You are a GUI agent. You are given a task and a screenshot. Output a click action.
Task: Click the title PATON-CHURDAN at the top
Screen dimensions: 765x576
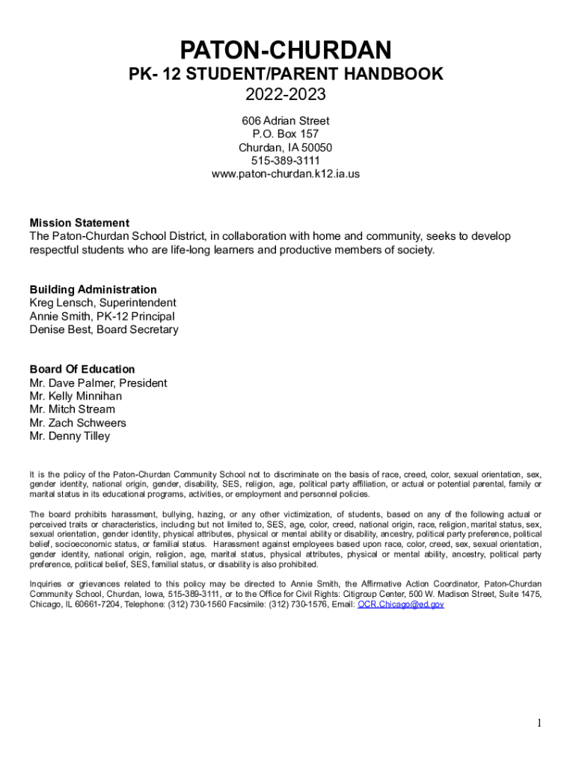click(285, 51)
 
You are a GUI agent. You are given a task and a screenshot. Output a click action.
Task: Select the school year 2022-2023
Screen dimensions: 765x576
click(285, 96)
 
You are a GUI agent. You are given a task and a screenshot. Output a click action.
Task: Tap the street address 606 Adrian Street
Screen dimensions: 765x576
click(285, 120)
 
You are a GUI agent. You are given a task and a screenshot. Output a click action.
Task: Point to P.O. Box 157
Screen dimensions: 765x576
click(285, 134)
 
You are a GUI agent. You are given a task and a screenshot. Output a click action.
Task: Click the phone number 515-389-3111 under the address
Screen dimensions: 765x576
click(285, 161)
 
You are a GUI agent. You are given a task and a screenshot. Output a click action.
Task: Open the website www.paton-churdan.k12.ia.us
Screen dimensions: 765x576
click(285, 174)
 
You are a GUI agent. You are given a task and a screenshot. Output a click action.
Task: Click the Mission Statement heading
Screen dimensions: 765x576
click(79, 223)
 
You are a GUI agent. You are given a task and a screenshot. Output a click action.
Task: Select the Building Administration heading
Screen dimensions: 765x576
click(93, 289)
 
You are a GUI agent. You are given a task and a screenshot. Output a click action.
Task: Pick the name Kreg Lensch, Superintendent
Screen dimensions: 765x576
click(102, 303)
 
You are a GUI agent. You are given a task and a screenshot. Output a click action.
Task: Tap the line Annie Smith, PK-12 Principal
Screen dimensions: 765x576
click(102, 316)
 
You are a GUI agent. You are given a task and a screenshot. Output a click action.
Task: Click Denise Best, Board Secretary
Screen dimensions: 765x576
click(104, 329)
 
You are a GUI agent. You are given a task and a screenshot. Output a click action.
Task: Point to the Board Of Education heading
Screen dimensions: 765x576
click(82, 369)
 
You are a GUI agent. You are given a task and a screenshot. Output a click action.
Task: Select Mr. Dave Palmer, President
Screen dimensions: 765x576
click(98, 383)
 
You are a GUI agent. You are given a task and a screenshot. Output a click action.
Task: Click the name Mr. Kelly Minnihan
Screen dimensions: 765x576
click(76, 396)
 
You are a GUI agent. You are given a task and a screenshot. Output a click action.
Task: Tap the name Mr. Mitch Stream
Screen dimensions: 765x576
click(72, 409)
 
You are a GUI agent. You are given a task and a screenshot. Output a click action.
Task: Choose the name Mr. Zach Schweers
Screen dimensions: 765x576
click(78, 423)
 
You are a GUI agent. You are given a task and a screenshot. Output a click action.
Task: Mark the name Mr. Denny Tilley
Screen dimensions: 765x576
click(70, 436)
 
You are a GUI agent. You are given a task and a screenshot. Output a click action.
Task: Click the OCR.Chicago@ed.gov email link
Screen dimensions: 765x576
click(401, 604)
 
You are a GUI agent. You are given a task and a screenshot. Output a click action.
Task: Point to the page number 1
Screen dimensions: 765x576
click(538, 722)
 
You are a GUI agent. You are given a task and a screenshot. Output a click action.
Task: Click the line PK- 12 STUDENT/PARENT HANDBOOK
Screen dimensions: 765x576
click(285, 74)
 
